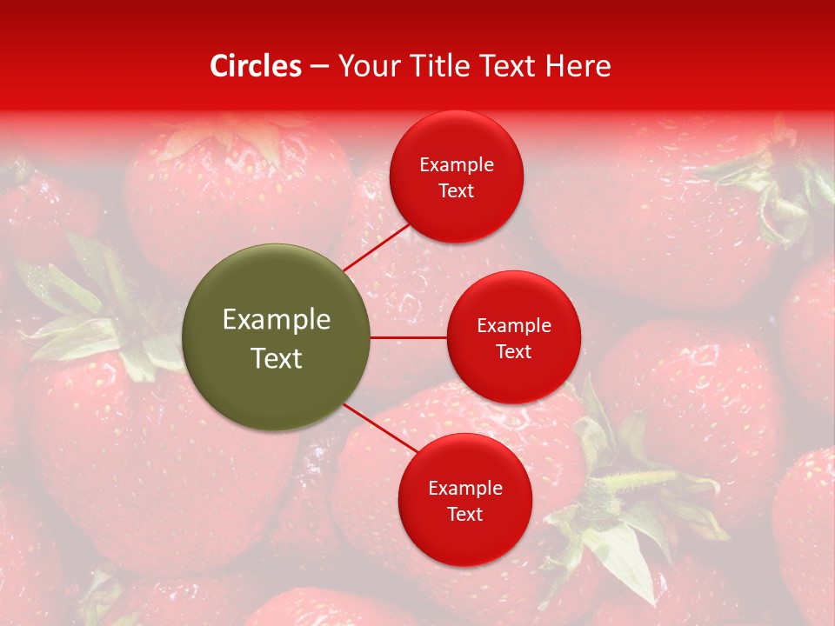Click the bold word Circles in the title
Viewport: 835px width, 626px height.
click(x=256, y=66)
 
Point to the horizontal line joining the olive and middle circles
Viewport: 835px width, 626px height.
click(x=409, y=337)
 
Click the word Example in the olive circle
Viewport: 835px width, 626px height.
click(x=277, y=320)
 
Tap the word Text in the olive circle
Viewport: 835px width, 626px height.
click(x=277, y=358)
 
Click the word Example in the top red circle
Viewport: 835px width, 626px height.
click(x=457, y=165)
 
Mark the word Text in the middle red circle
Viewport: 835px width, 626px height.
click(x=514, y=352)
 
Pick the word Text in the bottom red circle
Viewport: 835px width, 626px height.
click(x=464, y=515)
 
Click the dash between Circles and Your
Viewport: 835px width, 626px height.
click(x=319, y=66)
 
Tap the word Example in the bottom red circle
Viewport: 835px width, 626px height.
click(x=464, y=489)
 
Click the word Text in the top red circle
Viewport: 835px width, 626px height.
click(x=457, y=191)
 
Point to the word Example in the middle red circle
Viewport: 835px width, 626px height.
click(x=514, y=326)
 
